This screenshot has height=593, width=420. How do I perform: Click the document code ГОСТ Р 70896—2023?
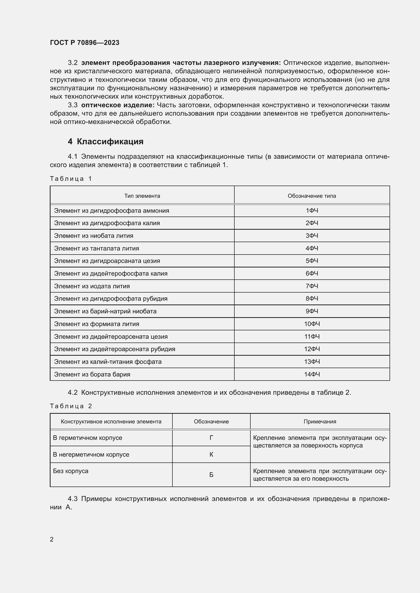click(85, 43)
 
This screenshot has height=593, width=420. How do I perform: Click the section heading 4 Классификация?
click(106, 141)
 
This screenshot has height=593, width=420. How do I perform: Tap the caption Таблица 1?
click(71, 179)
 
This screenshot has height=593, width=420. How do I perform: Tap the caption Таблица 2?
click(71, 406)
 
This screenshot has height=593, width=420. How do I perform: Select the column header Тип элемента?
click(142, 196)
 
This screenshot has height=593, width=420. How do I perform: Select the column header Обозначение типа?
click(312, 196)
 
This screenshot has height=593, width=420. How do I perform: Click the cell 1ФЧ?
click(312, 210)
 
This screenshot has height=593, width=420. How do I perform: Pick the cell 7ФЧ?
click(312, 286)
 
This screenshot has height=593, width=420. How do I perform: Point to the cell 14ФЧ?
click(312, 374)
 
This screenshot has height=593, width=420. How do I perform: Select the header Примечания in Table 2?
click(320, 422)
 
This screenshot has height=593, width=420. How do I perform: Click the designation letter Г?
click(211, 438)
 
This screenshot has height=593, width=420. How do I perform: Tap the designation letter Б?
click(211, 475)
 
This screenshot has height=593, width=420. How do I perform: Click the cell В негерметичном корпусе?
click(91, 455)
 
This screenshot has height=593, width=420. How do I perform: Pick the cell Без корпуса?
click(71, 471)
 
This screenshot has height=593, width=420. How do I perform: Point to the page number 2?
click(52, 539)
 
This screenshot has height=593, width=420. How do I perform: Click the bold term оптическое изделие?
click(118, 105)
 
